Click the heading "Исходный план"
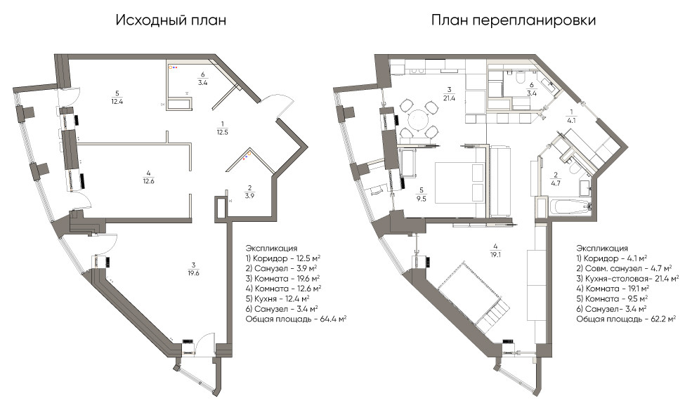(171, 20)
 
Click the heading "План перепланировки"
(514, 20)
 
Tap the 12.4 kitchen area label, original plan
(117, 98)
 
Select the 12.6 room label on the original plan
(148, 177)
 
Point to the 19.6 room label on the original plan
(193, 269)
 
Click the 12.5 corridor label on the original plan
(223, 128)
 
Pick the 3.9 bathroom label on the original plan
(249, 192)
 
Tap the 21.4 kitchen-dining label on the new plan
(449, 94)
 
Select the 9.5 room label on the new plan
(421, 194)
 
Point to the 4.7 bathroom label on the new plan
(556, 179)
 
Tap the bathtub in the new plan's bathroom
(569, 207)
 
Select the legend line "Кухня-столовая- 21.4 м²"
(627, 279)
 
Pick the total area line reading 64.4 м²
(296, 319)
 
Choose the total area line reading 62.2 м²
(626, 319)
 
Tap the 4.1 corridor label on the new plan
(572, 115)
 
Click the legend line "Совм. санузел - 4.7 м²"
(624, 268)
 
